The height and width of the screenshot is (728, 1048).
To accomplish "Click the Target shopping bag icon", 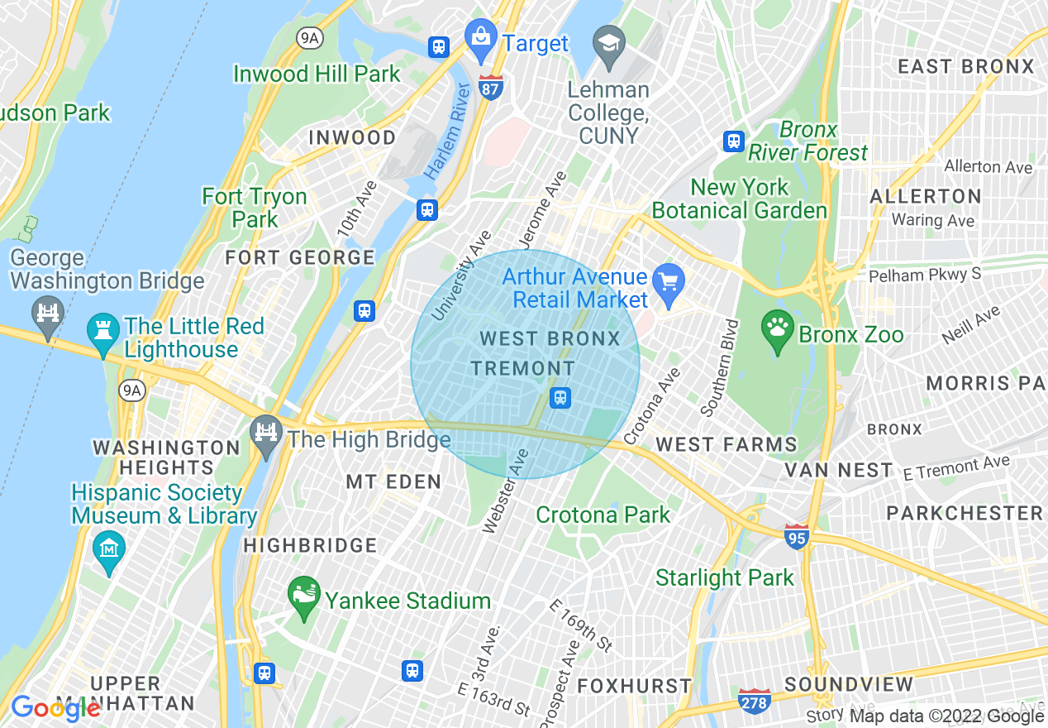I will click(479, 40).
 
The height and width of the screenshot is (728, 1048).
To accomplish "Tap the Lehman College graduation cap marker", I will click(609, 43).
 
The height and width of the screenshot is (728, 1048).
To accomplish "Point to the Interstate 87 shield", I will click(491, 87).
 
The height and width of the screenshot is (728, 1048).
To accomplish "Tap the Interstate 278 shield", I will click(755, 701).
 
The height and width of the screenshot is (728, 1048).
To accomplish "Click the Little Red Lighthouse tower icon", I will click(103, 334).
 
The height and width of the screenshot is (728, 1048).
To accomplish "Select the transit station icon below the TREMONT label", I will click(560, 398).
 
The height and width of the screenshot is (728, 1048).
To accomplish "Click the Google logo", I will click(55, 708).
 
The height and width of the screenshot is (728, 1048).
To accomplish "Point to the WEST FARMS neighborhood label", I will click(726, 445).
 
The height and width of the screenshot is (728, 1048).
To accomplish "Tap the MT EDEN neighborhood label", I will click(393, 481).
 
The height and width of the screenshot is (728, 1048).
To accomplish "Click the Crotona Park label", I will click(603, 515).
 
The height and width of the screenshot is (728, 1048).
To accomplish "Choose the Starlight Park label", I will click(725, 577).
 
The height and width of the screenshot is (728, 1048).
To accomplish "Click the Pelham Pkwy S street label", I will click(924, 274).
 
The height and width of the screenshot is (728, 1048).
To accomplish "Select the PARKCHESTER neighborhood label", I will click(965, 513).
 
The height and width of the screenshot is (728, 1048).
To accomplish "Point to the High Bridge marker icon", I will click(266, 435).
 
